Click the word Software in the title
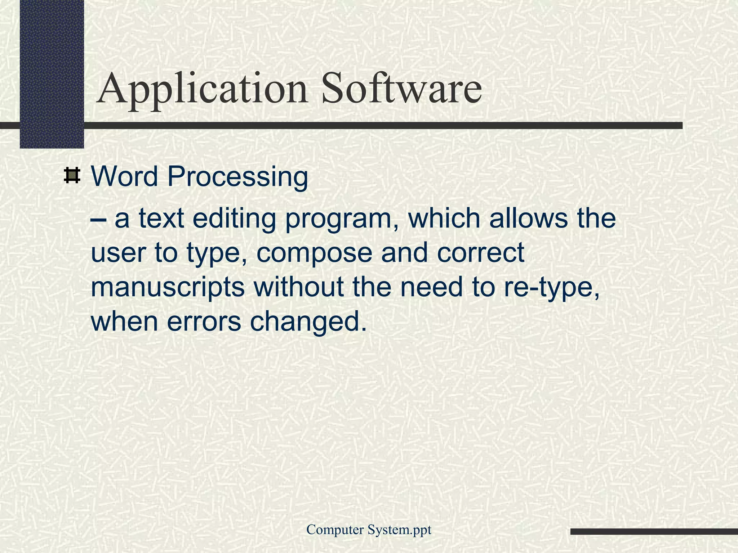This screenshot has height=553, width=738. pos(401,88)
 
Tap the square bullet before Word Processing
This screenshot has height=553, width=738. pos(72,176)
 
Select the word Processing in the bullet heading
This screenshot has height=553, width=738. pos(237,177)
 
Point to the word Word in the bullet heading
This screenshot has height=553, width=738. pos(125,176)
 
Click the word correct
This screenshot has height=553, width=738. pos(481,253)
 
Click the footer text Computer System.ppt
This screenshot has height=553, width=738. pos(369,530)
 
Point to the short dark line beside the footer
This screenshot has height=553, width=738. pos(654,531)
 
